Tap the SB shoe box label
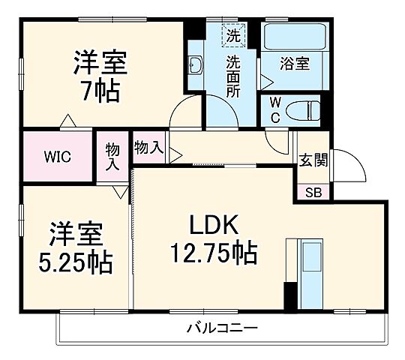click(x=312, y=192)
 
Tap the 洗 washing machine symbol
click(x=233, y=34)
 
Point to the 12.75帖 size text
click(x=212, y=252)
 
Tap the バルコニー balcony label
click(x=222, y=328)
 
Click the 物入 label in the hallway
click(x=148, y=147)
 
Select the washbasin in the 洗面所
click(x=196, y=67)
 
